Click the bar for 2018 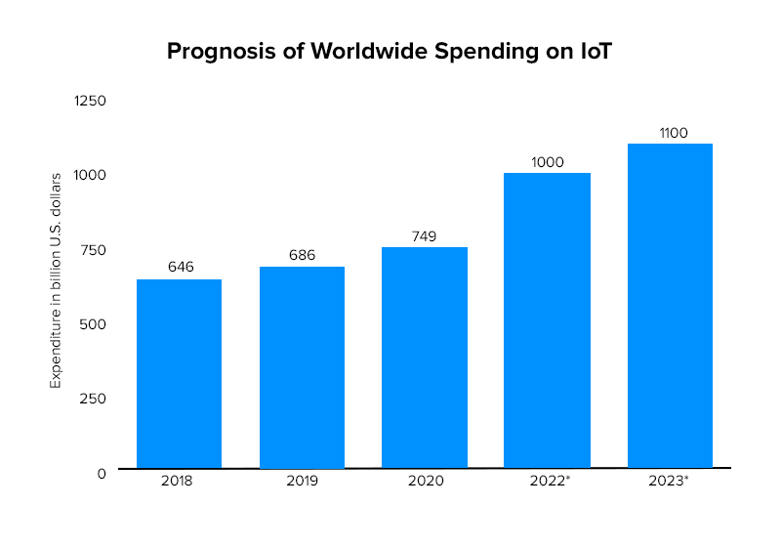[x=179, y=373]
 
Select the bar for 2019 [x=302, y=367]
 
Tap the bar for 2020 [x=425, y=358]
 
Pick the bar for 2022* [x=547, y=320]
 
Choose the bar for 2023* [x=670, y=306]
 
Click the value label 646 [x=181, y=266]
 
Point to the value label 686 [x=303, y=255]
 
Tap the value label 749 [x=425, y=235]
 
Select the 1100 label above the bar [x=671, y=132]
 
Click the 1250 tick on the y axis [x=91, y=101]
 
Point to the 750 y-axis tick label [x=95, y=249]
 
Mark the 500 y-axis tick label [x=94, y=324]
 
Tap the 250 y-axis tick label [x=94, y=399]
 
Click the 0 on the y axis [x=102, y=473]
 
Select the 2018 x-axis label [x=179, y=481]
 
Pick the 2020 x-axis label [x=425, y=481]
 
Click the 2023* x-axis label [x=670, y=481]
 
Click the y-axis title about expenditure [x=57, y=280]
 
